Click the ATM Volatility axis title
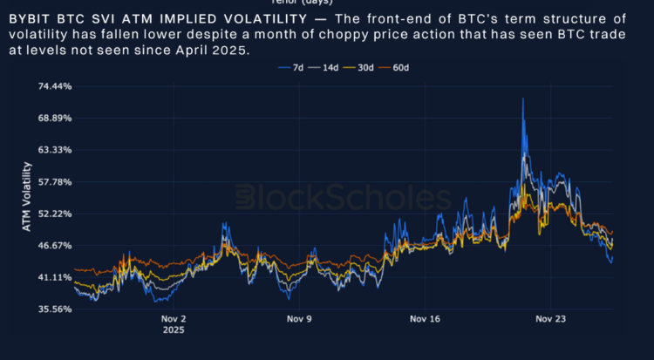click(x=26, y=197)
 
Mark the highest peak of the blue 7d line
click(x=522, y=98)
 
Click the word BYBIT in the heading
click(x=32, y=18)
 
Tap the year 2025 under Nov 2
click(x=173, y=331)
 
